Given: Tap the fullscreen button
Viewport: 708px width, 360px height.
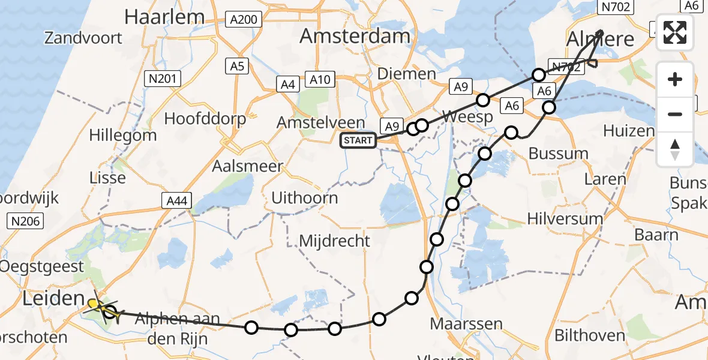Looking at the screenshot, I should (675, 32).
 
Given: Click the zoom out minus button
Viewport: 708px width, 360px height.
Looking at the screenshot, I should (675, 114).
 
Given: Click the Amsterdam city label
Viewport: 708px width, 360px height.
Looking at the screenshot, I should (355, 36).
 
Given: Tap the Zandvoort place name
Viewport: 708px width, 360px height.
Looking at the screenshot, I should (83, 38).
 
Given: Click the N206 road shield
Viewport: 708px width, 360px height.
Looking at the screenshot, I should (25, 221).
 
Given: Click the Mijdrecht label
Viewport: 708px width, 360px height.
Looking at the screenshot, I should (335, 241).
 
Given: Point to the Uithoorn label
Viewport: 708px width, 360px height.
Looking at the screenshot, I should (304, 198).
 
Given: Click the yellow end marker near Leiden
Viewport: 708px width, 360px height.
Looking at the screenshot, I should (94, 304).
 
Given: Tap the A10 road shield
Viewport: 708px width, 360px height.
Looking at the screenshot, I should (317, 79).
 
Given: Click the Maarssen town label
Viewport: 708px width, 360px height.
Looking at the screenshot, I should (466, 325).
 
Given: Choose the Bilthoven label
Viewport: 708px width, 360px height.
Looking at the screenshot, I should (590, 335).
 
